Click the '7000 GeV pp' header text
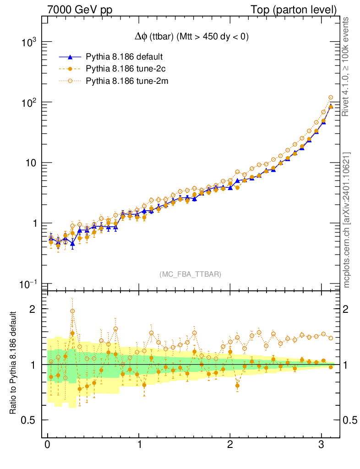tap(80, 9)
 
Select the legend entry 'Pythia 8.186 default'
tap(124, 57)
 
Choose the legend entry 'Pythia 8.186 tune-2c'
tap(124, 69)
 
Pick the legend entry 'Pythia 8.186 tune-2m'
tap(125, 81)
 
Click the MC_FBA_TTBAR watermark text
tap(190, 274)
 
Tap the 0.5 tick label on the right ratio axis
tap(350, 420)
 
